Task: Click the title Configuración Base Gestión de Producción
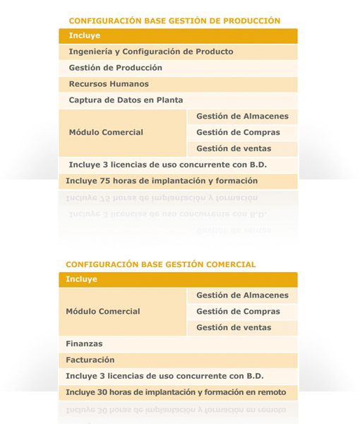click(x=174, y=21)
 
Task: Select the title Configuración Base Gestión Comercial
click(x=160, y=264)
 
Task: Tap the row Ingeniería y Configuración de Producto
click(x=150, y=52)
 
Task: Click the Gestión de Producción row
click(x=115, y=68)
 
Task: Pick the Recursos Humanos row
click(x=108, y=84)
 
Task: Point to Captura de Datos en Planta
click(x=126, y=100)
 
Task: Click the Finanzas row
click(x=84, y=344)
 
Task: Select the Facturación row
click(x=90, y=360)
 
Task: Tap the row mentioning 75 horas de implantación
click(x=162, y=181)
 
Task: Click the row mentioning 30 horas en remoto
click(x=176, y=392)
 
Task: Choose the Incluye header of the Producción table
click(x=85, y=35)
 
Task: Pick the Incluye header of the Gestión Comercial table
click(x=81, y=279)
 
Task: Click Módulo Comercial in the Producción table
click(x=106, y=132)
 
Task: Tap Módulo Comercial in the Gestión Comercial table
click(x=102, y=312)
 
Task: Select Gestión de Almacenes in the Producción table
click(x=242, y=117)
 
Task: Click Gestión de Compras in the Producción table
click(x=238, y=133)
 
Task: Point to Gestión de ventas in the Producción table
click(x=234, y=149)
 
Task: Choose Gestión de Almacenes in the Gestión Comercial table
click(x=242, y=295)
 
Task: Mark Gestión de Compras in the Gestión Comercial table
click(x=238, y=312)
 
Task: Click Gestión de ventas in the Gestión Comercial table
click(x=234, y=328)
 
